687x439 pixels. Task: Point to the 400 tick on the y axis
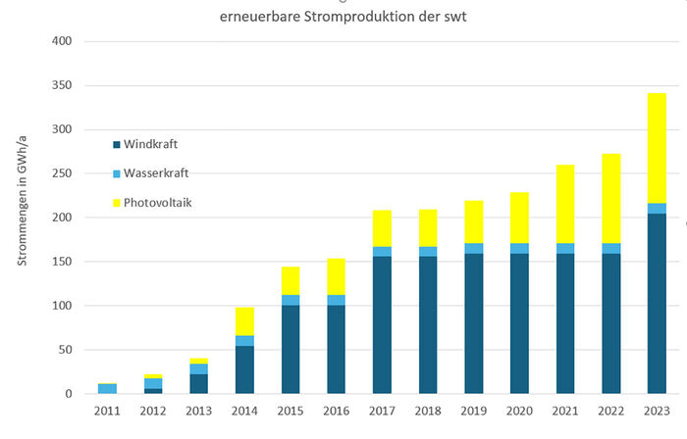61,41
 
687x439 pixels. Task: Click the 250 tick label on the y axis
61,173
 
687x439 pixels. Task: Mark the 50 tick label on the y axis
64,350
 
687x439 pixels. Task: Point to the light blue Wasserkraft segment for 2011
108,389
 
